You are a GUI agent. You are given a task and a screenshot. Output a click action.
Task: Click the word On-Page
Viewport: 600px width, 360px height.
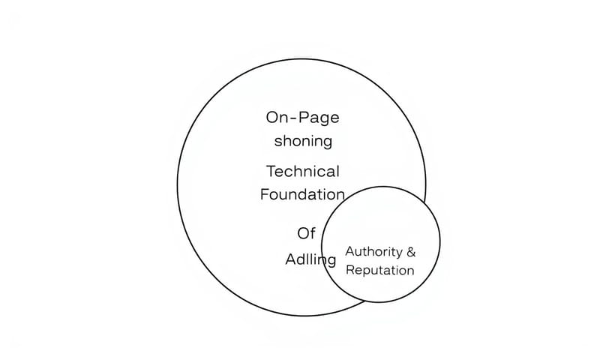[x=302, y=118]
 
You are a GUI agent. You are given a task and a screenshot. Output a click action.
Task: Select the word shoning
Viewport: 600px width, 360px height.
[x=302, y=141]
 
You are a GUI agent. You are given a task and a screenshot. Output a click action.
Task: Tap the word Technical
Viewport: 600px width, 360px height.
[x=302, y=171]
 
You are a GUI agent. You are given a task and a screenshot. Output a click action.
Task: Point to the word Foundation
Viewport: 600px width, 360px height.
[x=302, y=194]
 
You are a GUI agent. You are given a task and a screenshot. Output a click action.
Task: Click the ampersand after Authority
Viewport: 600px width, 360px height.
[x=409, y=251]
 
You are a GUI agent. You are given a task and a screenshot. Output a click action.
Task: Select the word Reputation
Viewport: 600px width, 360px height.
[x=379, y=270]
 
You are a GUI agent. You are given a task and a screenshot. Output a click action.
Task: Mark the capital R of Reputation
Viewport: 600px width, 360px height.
[x=349, y=270]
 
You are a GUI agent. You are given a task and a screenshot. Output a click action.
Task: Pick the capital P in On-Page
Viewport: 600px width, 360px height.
[x=304, y=118]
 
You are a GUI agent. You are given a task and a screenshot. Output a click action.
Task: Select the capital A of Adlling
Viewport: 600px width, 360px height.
[x=291, y=260]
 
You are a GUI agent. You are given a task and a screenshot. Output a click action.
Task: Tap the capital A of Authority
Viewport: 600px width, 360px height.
[x=349, y=251]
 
